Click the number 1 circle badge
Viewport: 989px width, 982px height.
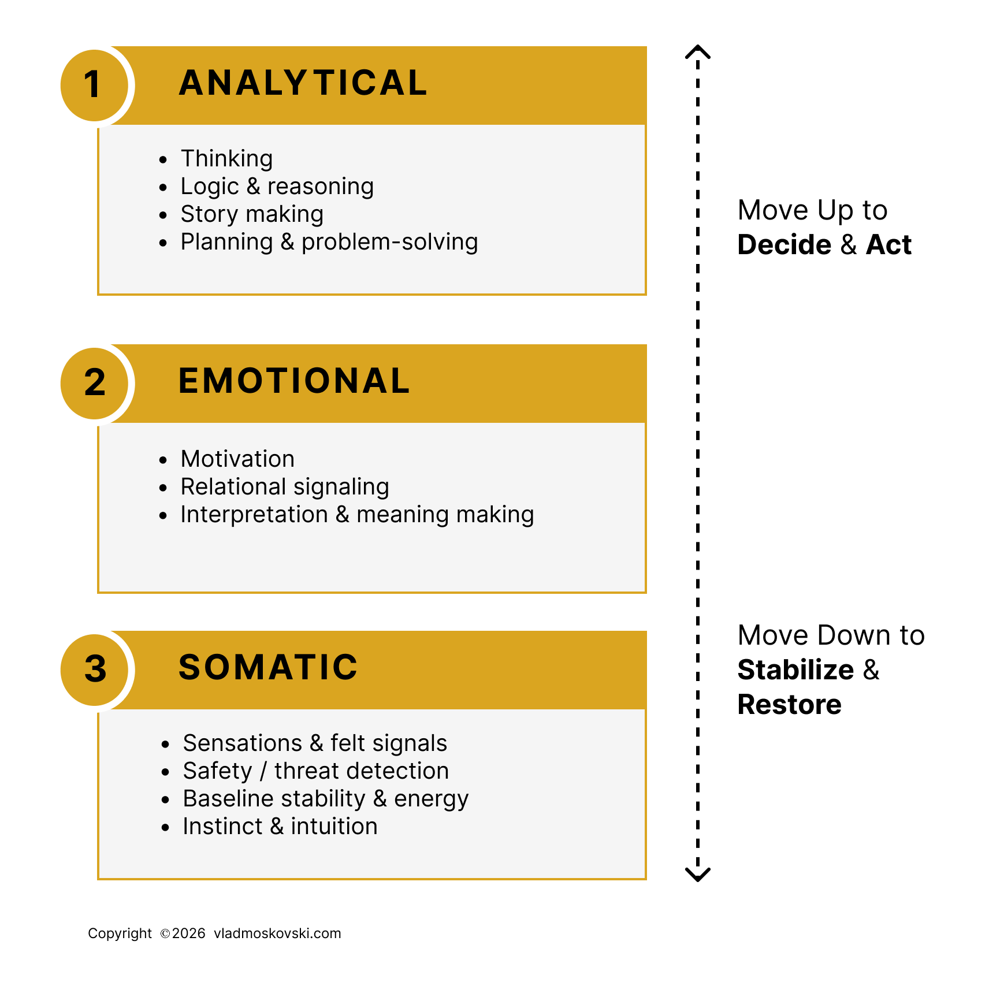(94, 85)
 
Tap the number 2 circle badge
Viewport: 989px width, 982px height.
(94, 383)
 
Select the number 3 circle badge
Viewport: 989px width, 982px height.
(94, 669)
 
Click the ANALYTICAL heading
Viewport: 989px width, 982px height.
(303, 83)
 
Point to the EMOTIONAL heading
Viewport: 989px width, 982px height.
(294, 381)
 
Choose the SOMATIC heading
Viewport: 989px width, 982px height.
(268, 668)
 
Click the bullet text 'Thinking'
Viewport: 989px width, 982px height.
(226, 159)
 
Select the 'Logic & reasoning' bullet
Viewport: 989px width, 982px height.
(277, 187)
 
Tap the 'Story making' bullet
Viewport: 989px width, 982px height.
(252, 214)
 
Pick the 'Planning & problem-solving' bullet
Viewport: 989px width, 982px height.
(329, 242)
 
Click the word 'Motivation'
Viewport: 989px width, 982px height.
(237, 459)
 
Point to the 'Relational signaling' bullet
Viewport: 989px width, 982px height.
(285, 487)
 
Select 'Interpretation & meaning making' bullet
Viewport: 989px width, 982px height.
(357, 515)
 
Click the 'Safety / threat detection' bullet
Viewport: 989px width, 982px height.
(316, 771)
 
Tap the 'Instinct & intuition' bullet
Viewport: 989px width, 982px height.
(280, 827)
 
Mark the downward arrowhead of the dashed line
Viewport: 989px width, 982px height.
(698, 875)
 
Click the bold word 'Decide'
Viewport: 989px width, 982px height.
(784, 245)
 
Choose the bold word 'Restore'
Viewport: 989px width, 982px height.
(789, 705)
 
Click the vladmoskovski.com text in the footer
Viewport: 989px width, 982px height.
(277, 933)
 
